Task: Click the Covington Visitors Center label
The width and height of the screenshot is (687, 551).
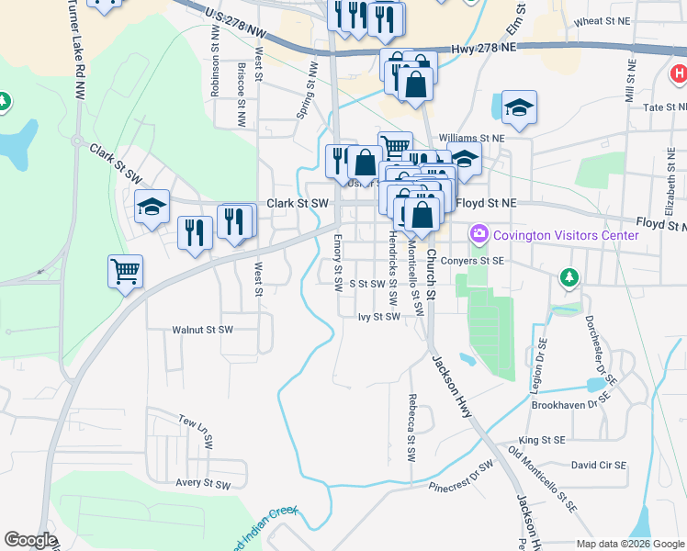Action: coord(566,235)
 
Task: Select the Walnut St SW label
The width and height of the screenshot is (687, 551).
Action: coord(203,329)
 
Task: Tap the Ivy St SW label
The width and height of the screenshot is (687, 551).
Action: coord(379,317)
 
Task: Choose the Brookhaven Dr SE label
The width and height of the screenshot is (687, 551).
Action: coord(570,404)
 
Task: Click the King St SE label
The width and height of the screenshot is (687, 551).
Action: coord(542,441)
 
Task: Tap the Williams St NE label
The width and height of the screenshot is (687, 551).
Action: coord(472,138)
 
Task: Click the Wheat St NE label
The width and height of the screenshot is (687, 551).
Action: coord(600,21)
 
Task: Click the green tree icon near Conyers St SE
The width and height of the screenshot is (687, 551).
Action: coord(569,276)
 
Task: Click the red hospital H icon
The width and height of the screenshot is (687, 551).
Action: coord(678,73)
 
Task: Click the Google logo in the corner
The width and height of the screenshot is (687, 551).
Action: coord(30,540)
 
